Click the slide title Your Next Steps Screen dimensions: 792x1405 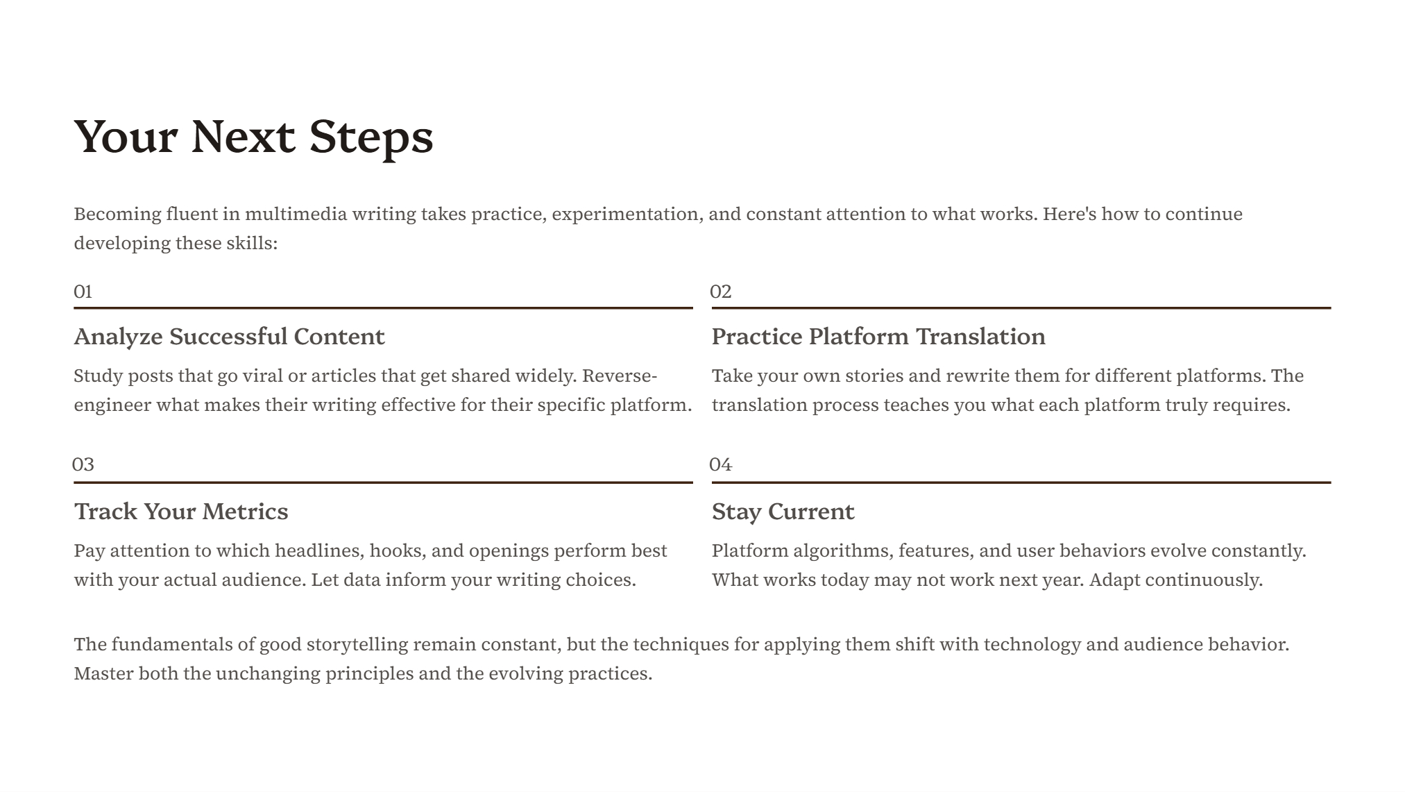pyautogui.click(x=253, y=137)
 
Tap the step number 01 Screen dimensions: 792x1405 pyautogui.click(x=83, y=292)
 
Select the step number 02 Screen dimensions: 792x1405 pyautogui.click(x=721, y=292)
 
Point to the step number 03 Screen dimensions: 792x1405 pyautogui.click(x=83, y=464)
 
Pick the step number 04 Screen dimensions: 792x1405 pyautogui.click(x=721, y=464)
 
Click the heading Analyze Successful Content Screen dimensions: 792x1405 pyautogui.click(x=229, y=337)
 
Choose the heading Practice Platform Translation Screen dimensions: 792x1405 pyautogui.click(x=878, y=337)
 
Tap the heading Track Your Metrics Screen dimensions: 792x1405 pyautogui.click(x=181, y=512)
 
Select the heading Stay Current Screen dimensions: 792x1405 pyautogui.click(x=783, y=512)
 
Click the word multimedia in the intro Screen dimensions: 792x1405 pyautogui.click(x=296, y=214)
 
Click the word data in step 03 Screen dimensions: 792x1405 pyautogui.click(x=361, y=580)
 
